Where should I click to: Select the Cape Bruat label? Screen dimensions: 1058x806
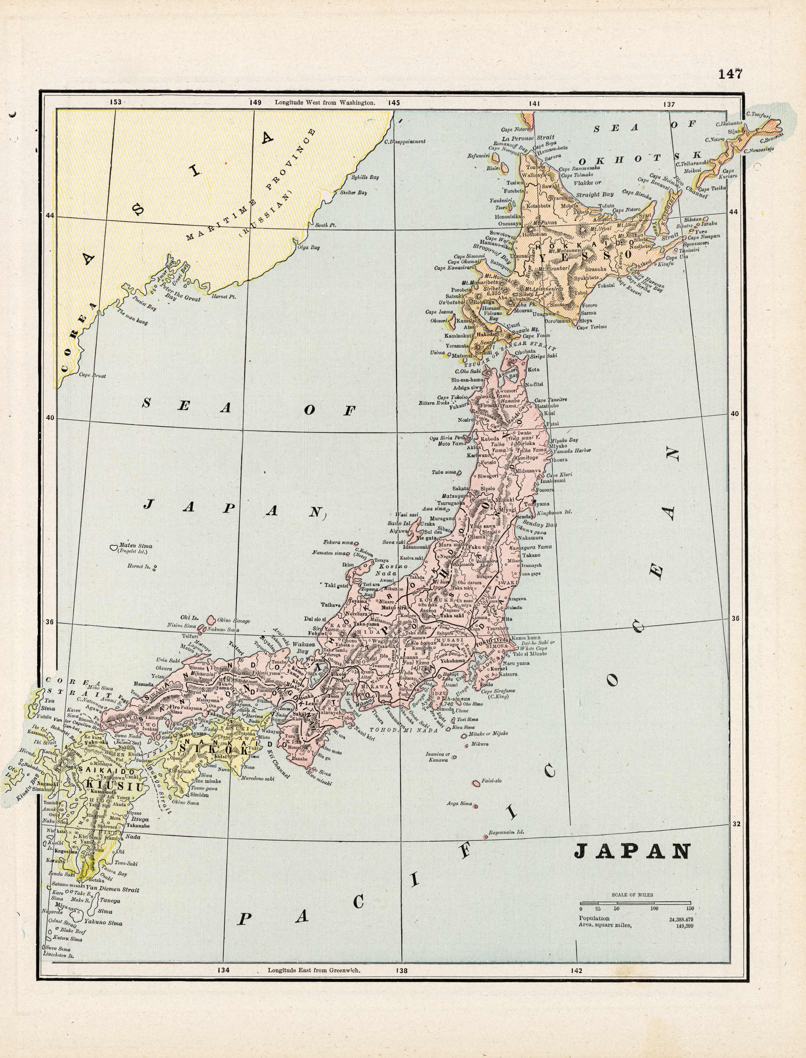[x=92, y=375]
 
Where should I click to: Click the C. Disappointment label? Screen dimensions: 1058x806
[x=405, y=141]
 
